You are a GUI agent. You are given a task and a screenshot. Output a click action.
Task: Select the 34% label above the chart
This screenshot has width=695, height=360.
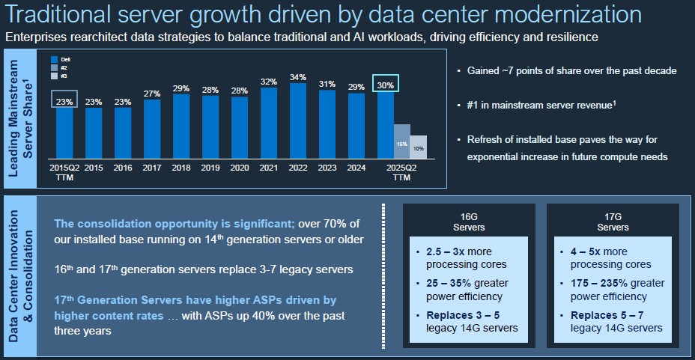298,76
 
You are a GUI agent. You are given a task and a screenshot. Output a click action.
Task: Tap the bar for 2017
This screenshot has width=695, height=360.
152,132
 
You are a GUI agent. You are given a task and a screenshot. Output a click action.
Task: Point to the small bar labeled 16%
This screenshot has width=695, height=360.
401,144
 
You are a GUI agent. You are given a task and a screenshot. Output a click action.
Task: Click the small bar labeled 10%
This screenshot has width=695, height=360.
419,149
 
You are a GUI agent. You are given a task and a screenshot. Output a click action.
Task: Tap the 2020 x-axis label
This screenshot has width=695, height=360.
240,168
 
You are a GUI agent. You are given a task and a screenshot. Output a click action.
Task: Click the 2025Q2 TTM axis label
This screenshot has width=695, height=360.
401,173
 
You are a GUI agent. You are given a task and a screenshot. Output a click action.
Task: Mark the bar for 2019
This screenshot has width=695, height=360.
210,131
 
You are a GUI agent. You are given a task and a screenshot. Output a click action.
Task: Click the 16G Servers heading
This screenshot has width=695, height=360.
470,222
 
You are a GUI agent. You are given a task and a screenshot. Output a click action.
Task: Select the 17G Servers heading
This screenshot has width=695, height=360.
613,222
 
